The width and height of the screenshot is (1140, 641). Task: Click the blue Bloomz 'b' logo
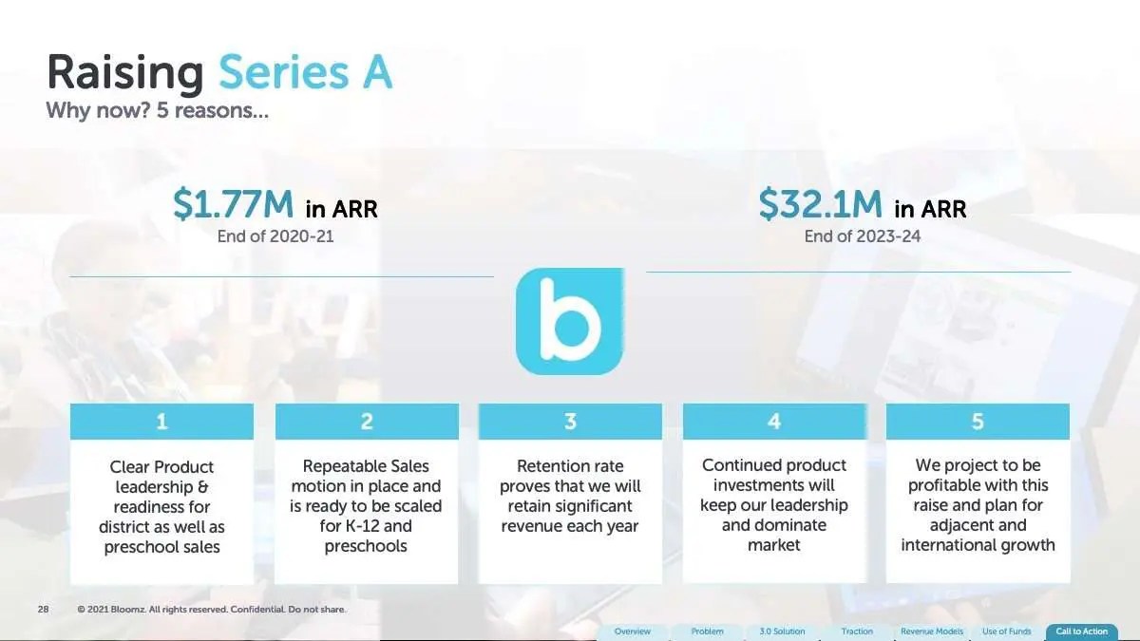pyautogui.click(x=569, y=322)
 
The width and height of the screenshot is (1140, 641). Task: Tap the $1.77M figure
pyautogui.click(x=233, y=204)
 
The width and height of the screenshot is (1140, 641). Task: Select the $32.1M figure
pyautogui.click(x=820, y=204)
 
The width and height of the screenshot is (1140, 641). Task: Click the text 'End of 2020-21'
pyautogui.click(x=275, y=236)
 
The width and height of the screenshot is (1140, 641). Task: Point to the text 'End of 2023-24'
pyautogui.click(x=863, y=236)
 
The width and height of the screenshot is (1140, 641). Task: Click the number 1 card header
pyautogui.click(x=161, y=422)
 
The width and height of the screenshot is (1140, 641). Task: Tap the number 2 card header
pyautogui.click(x=367, y=422)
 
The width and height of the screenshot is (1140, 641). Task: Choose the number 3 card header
pyautogui.click(x=570, y=422)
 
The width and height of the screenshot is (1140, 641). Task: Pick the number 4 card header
pyautogui.click(x=774, y=422)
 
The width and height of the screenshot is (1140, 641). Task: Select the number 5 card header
pyautogui.click(x=978, y=422)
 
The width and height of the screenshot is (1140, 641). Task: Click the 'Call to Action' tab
pyautogui.click(x=1081, y=632)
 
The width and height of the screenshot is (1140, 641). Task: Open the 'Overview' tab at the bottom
pyautogui.click(x=632, y=632)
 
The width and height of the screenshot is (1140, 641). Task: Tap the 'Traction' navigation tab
pyautogui.click(x=857, y=632)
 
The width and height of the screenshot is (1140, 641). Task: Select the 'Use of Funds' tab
pyautogui.click(x=1007, y=632)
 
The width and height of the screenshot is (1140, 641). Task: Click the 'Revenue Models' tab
pyautogui.click(x=932, y=632)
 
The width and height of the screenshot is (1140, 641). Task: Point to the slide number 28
pyautogui.click(x=44, y=609)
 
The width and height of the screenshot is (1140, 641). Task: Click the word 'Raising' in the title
pyautogui.click(x=125, y=74)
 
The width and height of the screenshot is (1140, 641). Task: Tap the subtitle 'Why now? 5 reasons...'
pyautogui.click(x=158, y=110)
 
